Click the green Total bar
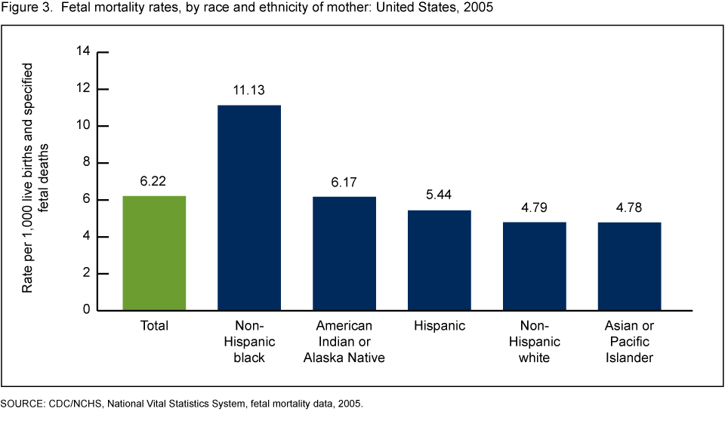[x=154, y=253]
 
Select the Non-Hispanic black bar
[x=249, y=207]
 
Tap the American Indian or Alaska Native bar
[x=344, y=253]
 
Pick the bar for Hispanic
[x=440, y=260]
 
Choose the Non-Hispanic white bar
[x=535, y=266]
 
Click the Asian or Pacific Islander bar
[x=630, y=266]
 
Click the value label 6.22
[x=154, y=181]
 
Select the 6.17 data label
[x=344, y=182]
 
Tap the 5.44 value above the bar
[x=440, y=195]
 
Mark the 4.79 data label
[x=535, y=207]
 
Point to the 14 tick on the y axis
[x=83, y=51]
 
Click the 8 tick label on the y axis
[x=86, y=162]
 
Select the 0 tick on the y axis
[x=86, y=310]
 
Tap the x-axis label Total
[x=154, y=326]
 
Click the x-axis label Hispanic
[x=440, y=326]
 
